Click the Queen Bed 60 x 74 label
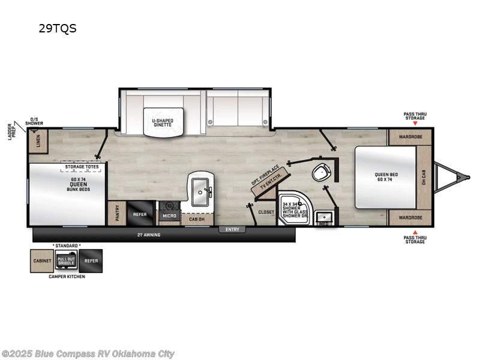point(387,177)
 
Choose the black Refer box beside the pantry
point(140,214)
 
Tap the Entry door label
point(232,229)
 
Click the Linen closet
point(38,142)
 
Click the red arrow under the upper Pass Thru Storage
point(414,123)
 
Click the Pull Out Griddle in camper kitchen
point(66,261)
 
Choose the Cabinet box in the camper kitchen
point(41,261)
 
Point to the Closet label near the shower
point(266,212)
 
